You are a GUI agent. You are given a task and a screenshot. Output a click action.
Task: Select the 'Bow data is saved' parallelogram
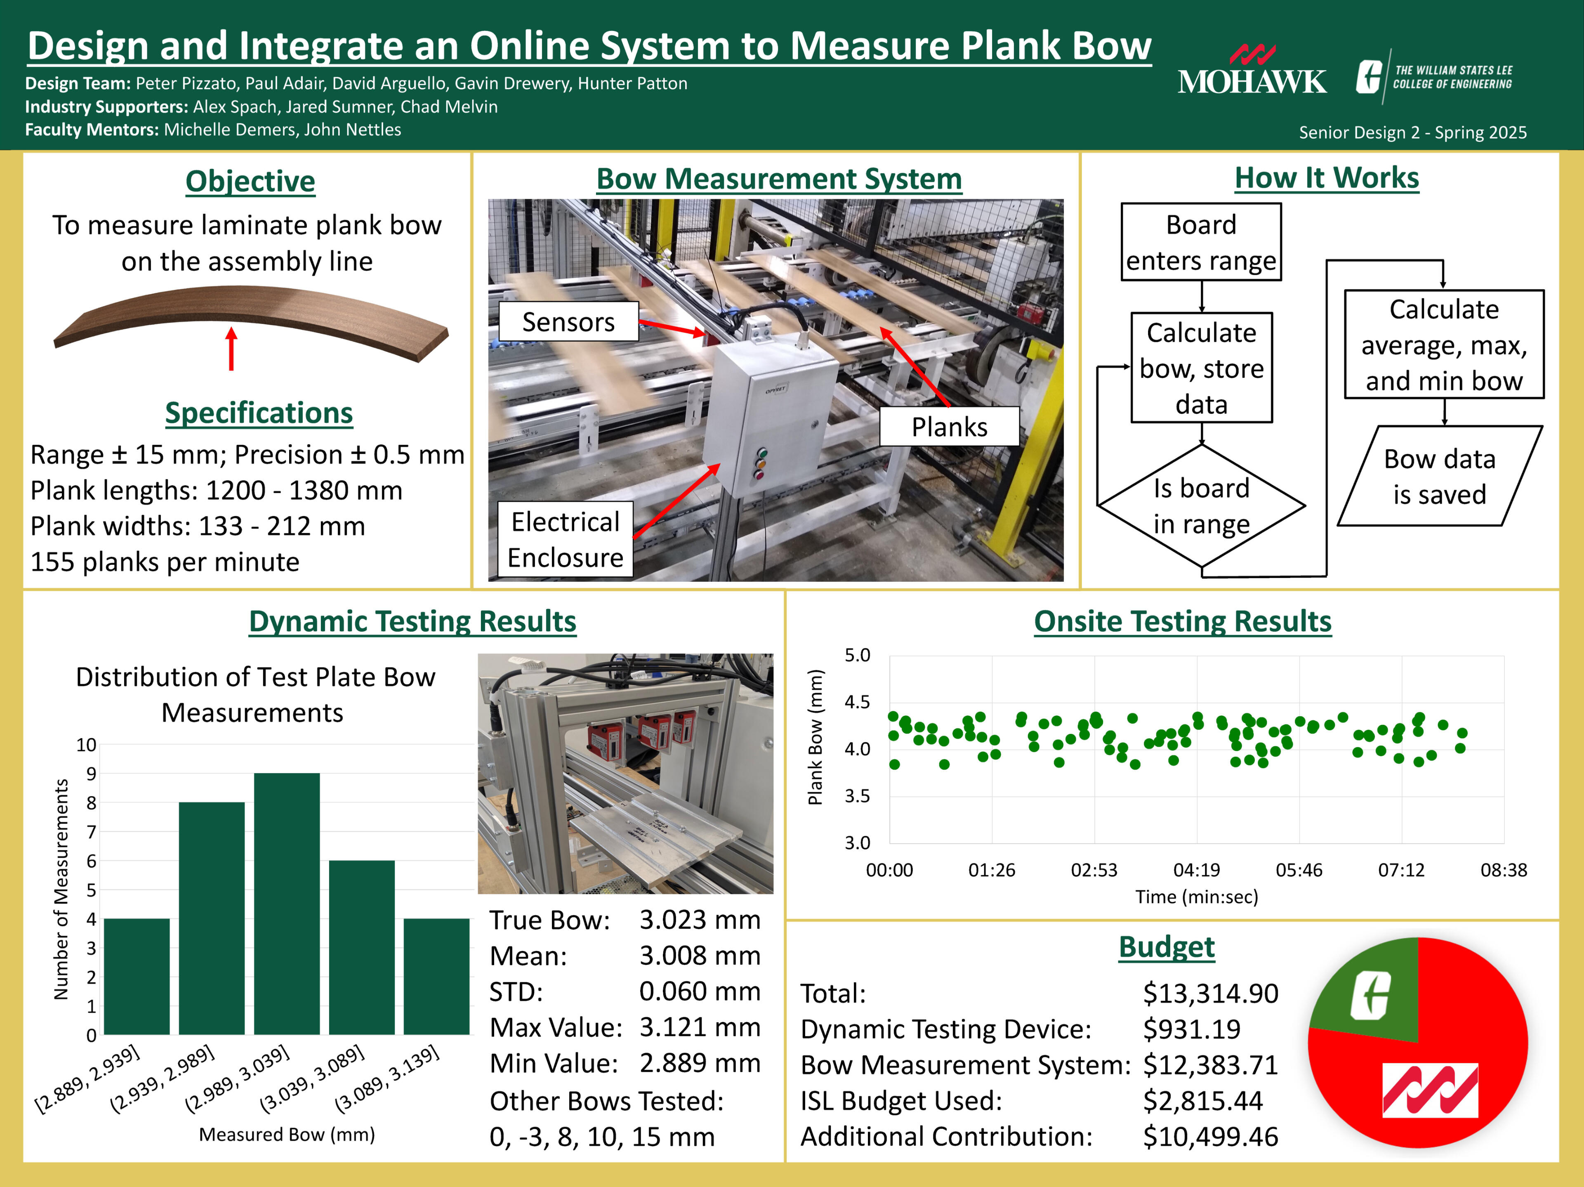tap(1439, 477)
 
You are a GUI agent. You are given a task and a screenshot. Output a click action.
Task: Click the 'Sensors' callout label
tap(568, 322)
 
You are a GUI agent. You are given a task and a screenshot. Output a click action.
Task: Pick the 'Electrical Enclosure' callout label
tap(565, 539)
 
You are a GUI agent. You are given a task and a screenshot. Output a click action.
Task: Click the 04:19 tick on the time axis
tap(1196, 870)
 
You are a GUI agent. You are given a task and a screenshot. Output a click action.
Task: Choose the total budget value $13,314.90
tap(1210, 993)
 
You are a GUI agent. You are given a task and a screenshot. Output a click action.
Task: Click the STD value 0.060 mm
tap(700, 991)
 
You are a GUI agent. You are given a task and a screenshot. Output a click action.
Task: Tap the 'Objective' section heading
tap(250, 181)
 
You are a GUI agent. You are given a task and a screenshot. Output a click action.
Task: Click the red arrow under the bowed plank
tap(231, 349)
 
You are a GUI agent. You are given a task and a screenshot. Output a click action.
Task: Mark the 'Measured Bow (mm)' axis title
tap(286, 1134)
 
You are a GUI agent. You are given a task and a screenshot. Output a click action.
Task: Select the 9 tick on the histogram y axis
tap(91, 774)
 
